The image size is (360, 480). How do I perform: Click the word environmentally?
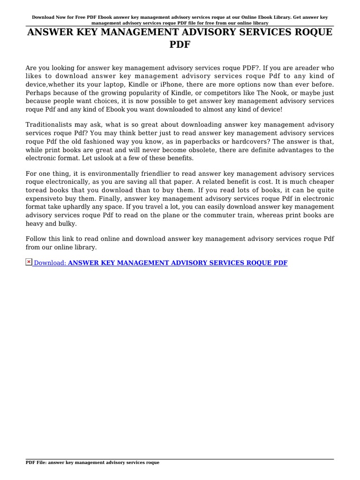(x=92, y=174)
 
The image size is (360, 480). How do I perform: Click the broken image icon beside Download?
(x=29, y=262)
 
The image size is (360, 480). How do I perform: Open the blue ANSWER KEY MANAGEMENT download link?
(x=178, y=263)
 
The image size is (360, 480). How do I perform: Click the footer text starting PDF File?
(x=92, y=462)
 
